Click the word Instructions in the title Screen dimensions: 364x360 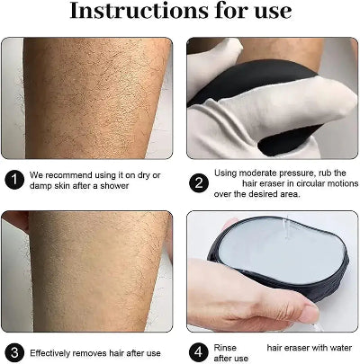pyautogui.click(x=134, y=12)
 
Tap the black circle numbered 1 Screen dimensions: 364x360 pyautogui.click(x=14, y=179)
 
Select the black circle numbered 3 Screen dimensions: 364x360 pyautogui.click(x=14, y=351)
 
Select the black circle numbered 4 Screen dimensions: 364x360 pyautogui.click(x=200, y=351)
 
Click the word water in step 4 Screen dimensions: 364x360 pyautogui.click(x=337, y=346)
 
